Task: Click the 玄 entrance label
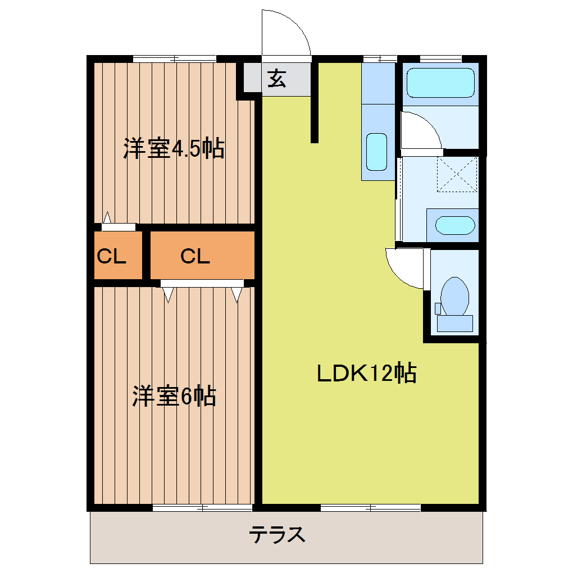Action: tap(276, 79)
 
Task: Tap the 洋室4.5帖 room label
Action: tap(174, 149)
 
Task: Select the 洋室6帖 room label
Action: tap(174, 397)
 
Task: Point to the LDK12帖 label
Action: tap(366, 373)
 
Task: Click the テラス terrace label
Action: tap(278, 534)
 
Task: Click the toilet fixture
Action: tap(454, 298)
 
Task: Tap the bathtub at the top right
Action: tap(440, 83)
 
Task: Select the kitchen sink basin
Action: tap(376, 152)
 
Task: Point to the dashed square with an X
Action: tap(457, 175)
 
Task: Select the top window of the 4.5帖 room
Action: tap(174, 58)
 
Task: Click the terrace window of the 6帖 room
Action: tap(202, 508)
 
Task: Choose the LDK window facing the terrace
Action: tap(371, 508)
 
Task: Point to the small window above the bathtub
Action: tap(440, 58)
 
